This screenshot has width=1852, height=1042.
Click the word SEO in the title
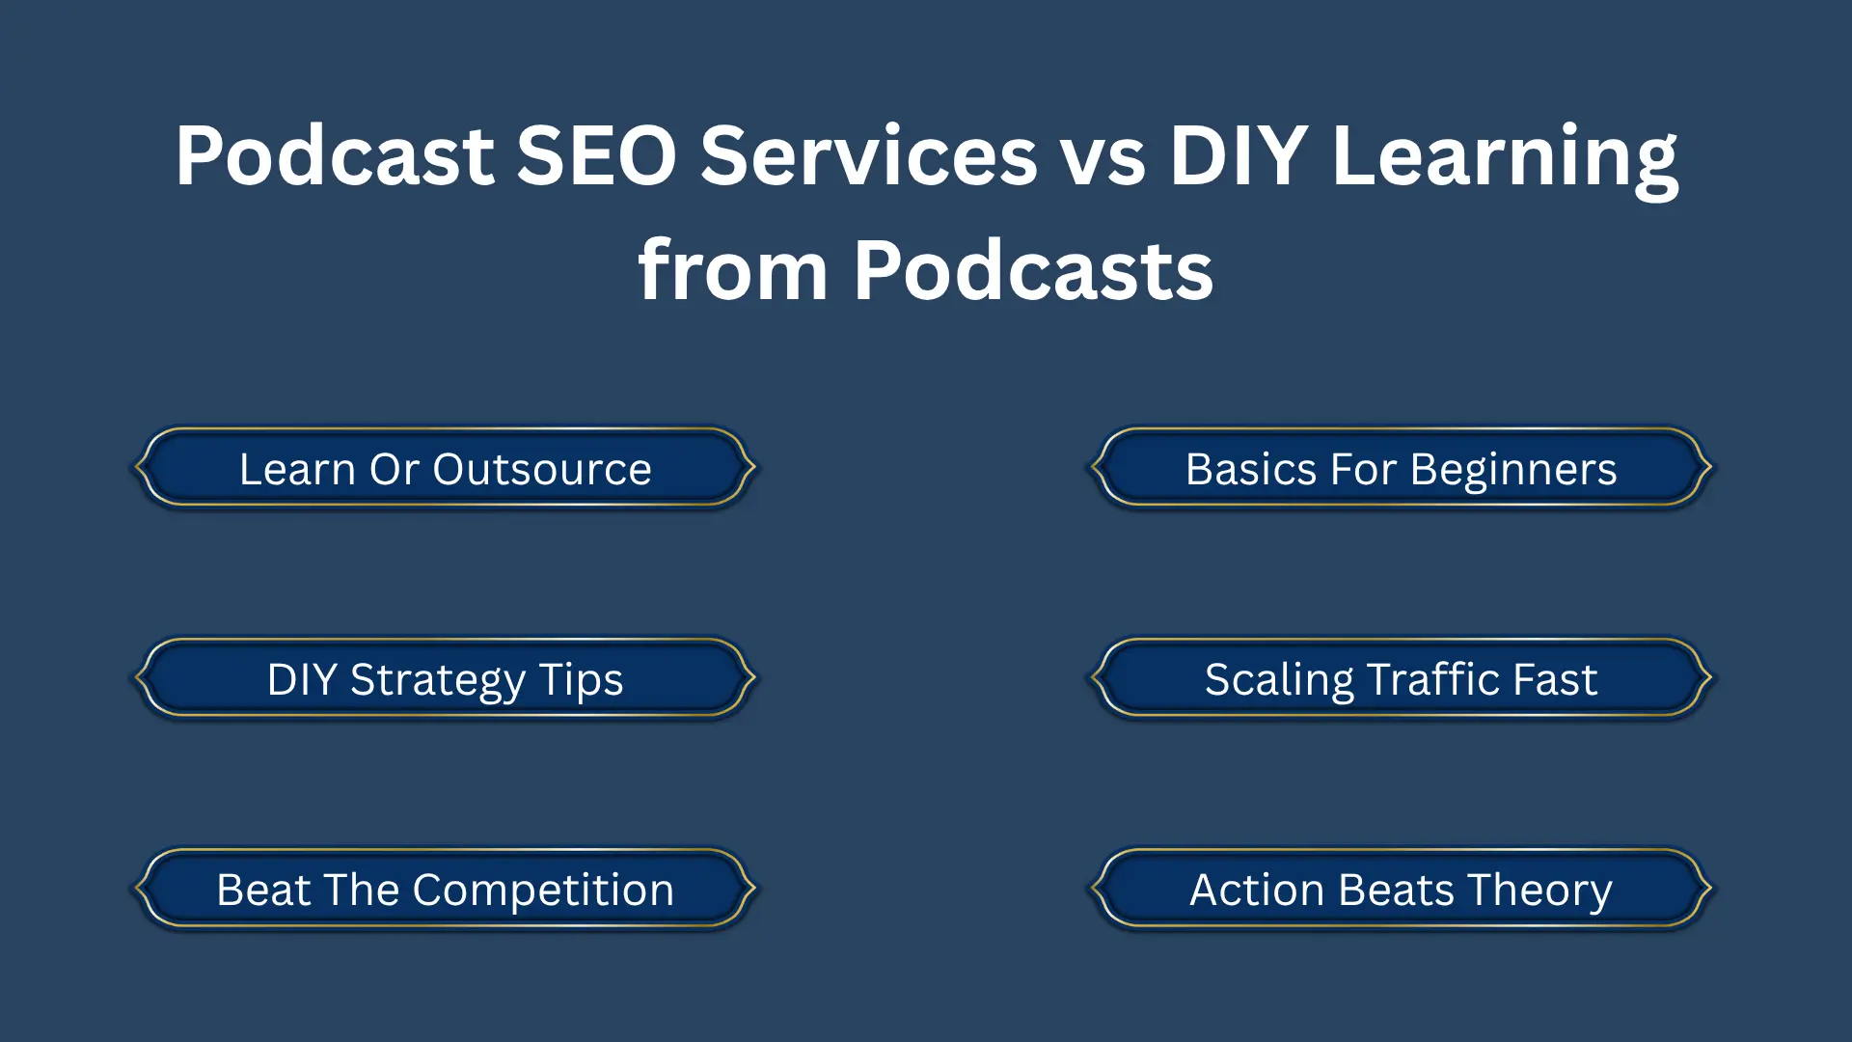(x=596, y=156)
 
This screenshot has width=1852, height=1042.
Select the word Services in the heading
(x=868, y=156)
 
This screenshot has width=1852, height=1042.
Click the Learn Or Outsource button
(x=445, y=469)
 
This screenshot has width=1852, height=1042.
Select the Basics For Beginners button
(x=1401, y=469)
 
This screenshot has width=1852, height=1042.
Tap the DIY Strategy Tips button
(x=445, y=679)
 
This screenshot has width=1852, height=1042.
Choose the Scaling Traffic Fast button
(x=1401, y=679)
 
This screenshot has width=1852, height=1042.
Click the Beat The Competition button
(x=445, y=890)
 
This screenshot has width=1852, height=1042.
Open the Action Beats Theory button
(x=1401, y=890)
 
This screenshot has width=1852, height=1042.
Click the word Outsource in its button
(x=542, y=470)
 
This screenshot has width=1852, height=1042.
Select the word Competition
(x=543, y=891)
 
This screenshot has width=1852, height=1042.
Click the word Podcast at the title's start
(x=335, y=156)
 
